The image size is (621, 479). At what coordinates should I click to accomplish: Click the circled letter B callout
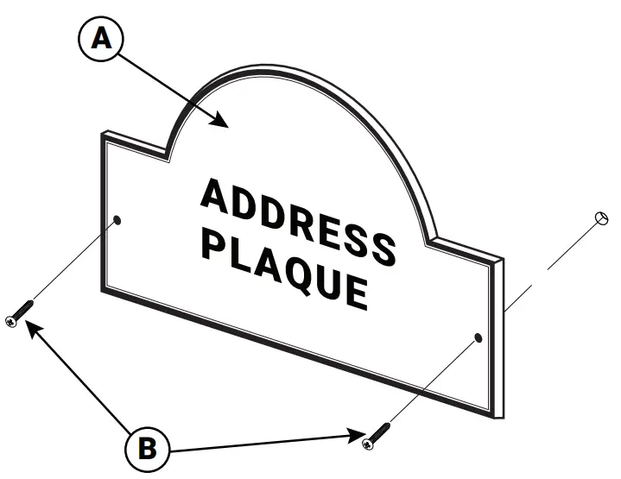(x=148, y=448)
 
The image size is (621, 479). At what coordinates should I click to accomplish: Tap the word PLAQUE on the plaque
(x=284, y=268)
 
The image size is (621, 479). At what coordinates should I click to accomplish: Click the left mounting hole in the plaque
(x=118, y=220)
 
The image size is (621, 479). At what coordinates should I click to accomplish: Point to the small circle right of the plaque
(x=603, y=218)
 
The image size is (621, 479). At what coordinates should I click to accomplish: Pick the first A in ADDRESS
(x=216, y=196)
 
